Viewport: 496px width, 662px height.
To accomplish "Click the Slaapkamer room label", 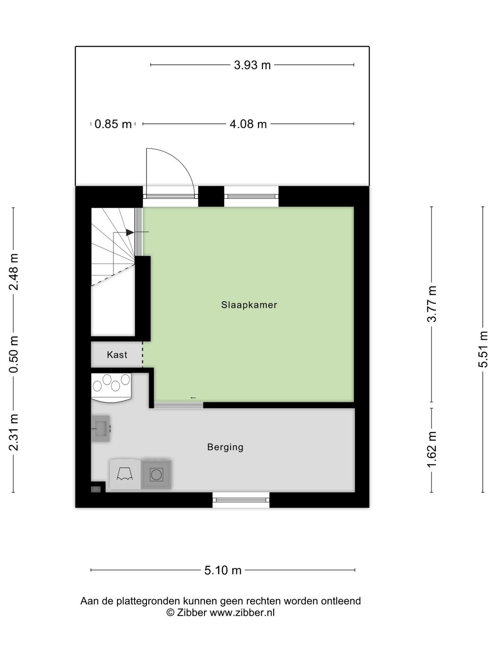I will point(249,305).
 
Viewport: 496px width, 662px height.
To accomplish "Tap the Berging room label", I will point(225,447).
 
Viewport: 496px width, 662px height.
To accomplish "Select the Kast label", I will point(117,354).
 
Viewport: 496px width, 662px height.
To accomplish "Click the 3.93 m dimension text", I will point(252,65).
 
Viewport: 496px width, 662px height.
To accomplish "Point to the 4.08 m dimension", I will point(248,124).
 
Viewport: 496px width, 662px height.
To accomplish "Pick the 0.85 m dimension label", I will point(113,124).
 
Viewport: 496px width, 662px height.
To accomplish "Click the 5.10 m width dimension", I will point(223,571).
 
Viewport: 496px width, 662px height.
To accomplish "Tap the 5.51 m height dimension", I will point(483,349).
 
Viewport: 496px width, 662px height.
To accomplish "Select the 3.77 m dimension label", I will point(432,304).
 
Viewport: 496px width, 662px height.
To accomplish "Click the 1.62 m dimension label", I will point(432,450).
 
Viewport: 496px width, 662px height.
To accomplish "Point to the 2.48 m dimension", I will point(14,272).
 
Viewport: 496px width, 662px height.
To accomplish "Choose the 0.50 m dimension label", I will point(14,354).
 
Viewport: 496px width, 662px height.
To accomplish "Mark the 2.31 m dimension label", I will point(14,432).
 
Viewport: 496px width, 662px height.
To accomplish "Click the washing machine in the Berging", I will point(156,474).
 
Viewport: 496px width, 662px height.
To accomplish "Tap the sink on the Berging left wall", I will point(101,429).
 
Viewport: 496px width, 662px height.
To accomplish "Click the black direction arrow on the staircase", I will point(130,233).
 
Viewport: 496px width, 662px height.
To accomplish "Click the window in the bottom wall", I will point(241,500).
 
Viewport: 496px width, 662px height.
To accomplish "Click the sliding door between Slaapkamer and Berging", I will point(179,405).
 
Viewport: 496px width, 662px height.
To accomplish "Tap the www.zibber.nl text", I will point(242,613).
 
